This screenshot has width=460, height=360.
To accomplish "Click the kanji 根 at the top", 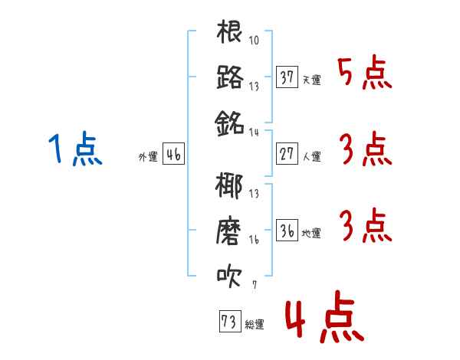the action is (x=229, y=31).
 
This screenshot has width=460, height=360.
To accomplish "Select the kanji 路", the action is (x=230, y=77).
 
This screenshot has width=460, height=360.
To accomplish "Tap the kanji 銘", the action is (x=229, y=123).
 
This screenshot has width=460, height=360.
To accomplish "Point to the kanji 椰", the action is (x=229, y=186).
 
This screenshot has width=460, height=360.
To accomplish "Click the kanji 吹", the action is (x=229, y=276).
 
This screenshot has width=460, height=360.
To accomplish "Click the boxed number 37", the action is (x=287, y=77).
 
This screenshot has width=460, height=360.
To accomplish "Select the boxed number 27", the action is (x=287, y=154).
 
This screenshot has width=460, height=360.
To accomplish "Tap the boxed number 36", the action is (x=287, y=230).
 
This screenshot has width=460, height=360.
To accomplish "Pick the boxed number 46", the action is (x=173, y=154).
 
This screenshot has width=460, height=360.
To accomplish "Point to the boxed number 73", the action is (x=230, y=321).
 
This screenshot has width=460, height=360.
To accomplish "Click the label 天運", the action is (x=312, y=80).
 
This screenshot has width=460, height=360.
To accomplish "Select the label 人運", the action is (x=312, y=156).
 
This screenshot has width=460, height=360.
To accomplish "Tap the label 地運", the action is (x=311, y=233).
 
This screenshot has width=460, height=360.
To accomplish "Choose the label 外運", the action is (x=148, y=156).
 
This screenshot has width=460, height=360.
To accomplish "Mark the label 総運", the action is (x=255, y=324).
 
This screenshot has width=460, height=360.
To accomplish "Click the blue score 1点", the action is (x=75, y=149).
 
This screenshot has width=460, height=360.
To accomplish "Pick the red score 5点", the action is (x=365, y=72).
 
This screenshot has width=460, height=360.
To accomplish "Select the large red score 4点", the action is (x=325, y=316).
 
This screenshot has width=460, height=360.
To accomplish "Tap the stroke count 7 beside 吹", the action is (x=255, y=285).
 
